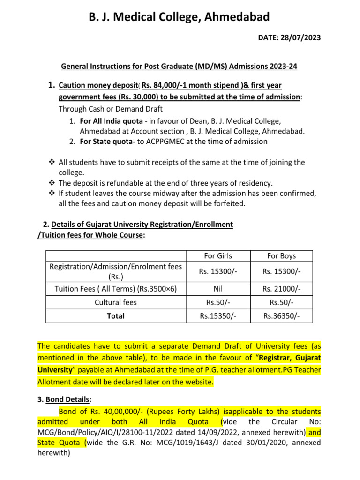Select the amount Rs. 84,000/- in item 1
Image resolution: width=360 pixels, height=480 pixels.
click(164, 85)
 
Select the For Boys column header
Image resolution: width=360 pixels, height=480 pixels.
click(281, 256)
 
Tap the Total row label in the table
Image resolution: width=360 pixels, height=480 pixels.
click(116, 316)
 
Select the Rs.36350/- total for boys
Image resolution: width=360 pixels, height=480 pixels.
click(281, 316)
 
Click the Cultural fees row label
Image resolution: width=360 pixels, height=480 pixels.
click(116, 302)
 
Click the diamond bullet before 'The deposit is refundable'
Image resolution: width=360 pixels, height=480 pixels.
click(52, 183)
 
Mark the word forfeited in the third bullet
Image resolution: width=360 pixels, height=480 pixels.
click(228, 203)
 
